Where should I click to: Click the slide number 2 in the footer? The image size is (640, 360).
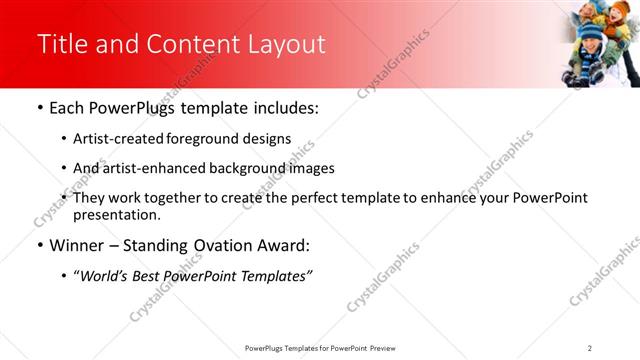click(x=590, y=347)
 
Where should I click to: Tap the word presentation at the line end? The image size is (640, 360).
click(x=116, y=214)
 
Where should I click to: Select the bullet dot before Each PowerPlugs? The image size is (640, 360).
click(x=39, y=108)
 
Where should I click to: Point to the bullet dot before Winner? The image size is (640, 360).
click(x=39, y=245)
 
